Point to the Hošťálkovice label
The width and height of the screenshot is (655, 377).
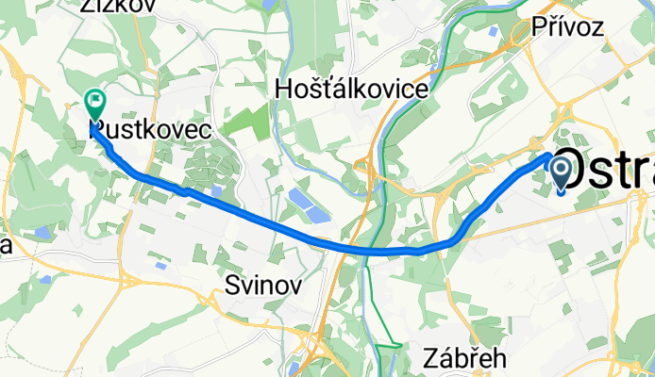point(351,90)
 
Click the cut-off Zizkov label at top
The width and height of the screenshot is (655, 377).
point(119,6)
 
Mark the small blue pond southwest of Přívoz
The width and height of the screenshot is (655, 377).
point(497,27)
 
